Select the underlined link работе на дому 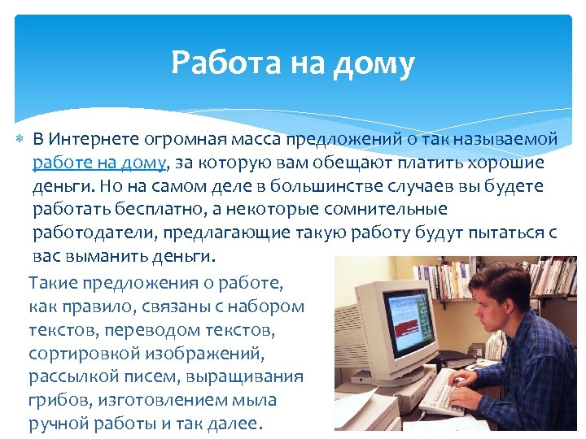coord(99,163)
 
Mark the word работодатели coord(95,233)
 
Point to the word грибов coord(57,401)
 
